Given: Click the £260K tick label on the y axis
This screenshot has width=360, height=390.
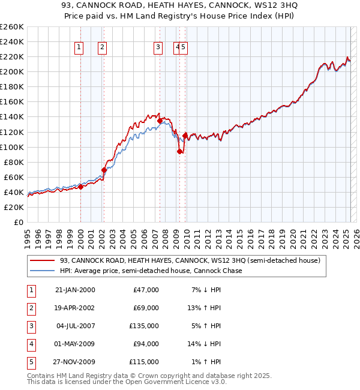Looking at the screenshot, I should (11, 27).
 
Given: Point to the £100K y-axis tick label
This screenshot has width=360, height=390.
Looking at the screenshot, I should (11, 147).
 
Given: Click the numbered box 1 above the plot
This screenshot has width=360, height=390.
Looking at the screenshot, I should (79, 47).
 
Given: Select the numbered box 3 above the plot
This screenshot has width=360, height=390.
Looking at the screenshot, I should (158, 47).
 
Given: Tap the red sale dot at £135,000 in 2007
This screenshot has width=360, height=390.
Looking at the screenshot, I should (160, 121).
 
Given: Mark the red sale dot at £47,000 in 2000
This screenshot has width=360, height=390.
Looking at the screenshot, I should (80, 187).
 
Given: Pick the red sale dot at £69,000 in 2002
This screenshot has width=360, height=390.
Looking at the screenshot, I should (104, 170).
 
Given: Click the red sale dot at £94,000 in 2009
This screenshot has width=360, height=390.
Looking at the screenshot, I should (179, 151).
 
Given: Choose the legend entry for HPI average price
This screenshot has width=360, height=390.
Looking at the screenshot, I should (151, 271).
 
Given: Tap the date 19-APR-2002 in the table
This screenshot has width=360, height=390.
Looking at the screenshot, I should (75, 308).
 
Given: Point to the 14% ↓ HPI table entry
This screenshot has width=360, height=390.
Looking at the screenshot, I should (205, 344).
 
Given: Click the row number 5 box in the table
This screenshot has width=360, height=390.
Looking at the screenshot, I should (30, 362).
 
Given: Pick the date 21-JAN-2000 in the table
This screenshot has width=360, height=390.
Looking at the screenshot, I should (75, 290).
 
